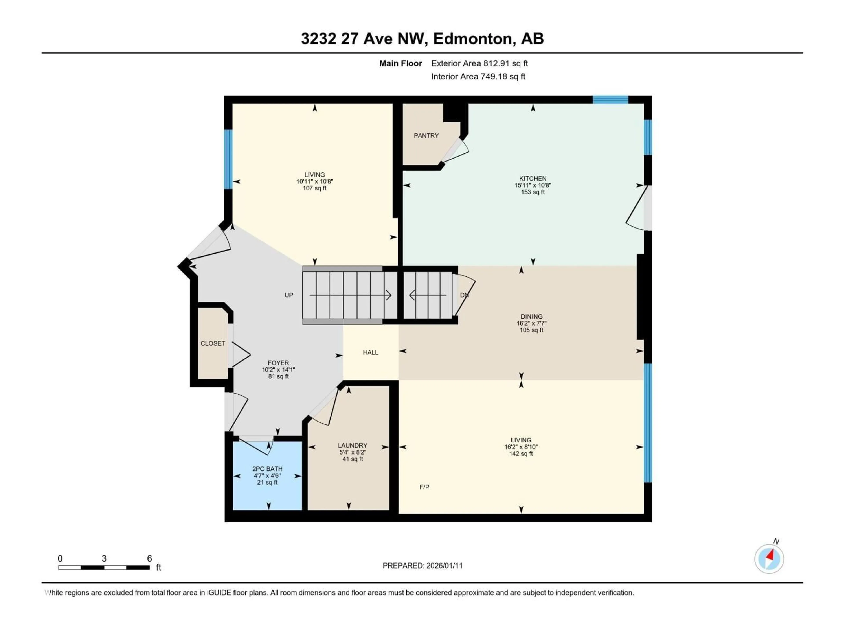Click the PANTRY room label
pyautogui.click(x=426, y=136)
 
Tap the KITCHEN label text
pyautogui.click(x=533, y=179)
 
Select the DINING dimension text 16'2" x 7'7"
pyautogui.click(x=531, y=323)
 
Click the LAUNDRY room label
pyautogui.click(x=352, y=445)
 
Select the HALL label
pyautogui.click(x=370, y=353)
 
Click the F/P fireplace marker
pyautogui.click(x=424, y=487)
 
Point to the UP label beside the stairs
pyautogui.click(x=289, y=295)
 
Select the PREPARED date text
pyautogui.click(x=422, y=566)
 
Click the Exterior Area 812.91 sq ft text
pyautogui.click(x=479, y=63)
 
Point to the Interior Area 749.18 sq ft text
pyautogui.click(x=478, y=76)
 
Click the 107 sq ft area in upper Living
pyautogui.click(x=314, y=188)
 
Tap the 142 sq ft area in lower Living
pyautogui.click(x=521, y=454)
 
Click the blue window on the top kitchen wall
pyautogui.click(x=610, y=100)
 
